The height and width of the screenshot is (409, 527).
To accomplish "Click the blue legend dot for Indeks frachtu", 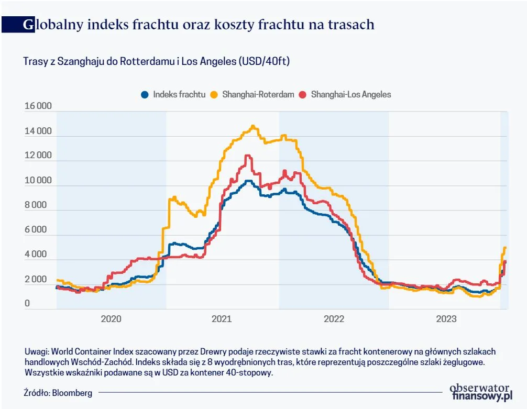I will tap(145, 95).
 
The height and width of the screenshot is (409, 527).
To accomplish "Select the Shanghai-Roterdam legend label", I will tap(258, 95).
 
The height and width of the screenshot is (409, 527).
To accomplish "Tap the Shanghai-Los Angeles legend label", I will tap(350, 95).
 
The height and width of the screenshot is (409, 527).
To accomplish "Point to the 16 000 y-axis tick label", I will tap(38, 106).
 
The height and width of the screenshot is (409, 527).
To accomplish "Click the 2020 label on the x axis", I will tap(111, 319).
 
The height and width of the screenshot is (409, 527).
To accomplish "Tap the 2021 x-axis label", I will tap(222, 319).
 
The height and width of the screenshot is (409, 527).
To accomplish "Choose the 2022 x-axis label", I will tap(334, 319).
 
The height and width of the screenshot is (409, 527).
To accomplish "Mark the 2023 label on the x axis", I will tap(446, 319).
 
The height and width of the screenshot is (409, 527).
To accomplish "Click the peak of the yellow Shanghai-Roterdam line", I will tap(253, 126).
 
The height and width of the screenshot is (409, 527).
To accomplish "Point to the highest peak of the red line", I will tap(247, 156).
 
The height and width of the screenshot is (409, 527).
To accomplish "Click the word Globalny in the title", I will tap(54, 24).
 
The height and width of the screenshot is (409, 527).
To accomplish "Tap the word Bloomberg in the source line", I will tap(72, 392).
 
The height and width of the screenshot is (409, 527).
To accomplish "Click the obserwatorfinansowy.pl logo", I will tap(480, 392).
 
